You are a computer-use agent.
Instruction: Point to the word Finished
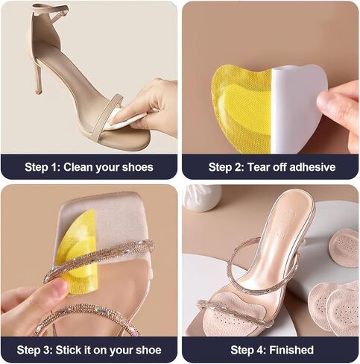[x=291, y=350]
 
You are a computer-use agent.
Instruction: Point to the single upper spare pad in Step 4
[x=344, y=248]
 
